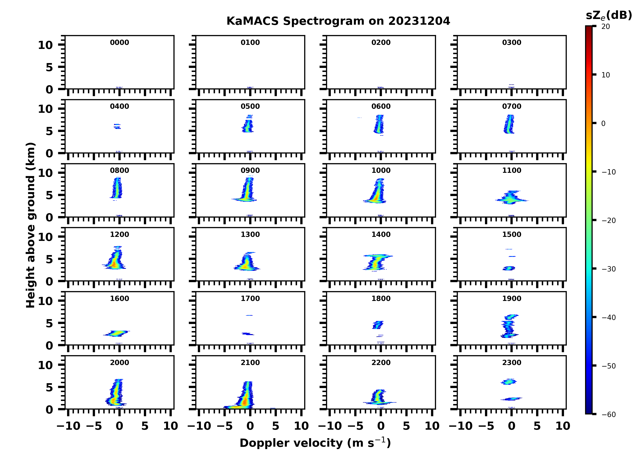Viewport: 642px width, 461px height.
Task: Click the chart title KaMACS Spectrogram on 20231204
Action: tap(338, 21)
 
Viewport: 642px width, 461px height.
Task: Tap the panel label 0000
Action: tap(119, 42)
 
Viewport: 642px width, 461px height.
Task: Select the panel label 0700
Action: tap(511, 107)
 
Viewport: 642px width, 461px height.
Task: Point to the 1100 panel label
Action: tap(511, 170)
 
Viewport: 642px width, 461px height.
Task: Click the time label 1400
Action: tap(381, 234)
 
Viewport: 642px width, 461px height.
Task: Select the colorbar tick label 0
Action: tap(603, 123)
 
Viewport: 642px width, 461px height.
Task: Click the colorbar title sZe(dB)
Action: tap(609, 15)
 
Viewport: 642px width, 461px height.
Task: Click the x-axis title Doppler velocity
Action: tap(315, 443)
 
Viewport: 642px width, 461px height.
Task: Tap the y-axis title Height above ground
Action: tap(31, 225)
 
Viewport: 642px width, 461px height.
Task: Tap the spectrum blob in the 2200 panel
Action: tap(378, 397)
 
